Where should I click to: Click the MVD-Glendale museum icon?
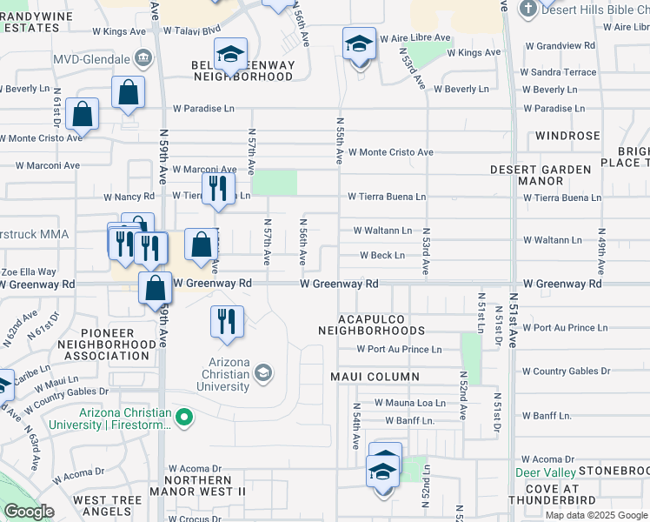coord(144,59)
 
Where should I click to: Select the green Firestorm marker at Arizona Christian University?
coord(184,419)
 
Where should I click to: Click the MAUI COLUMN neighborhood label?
coord(375,377)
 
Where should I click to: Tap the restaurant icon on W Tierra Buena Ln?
coord(218,187)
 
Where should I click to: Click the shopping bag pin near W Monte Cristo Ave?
coord(82,113)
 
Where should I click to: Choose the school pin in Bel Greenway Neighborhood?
coord(231,55)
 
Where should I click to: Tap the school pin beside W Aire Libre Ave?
coord(358,43)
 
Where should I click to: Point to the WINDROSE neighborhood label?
coord(567,136)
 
